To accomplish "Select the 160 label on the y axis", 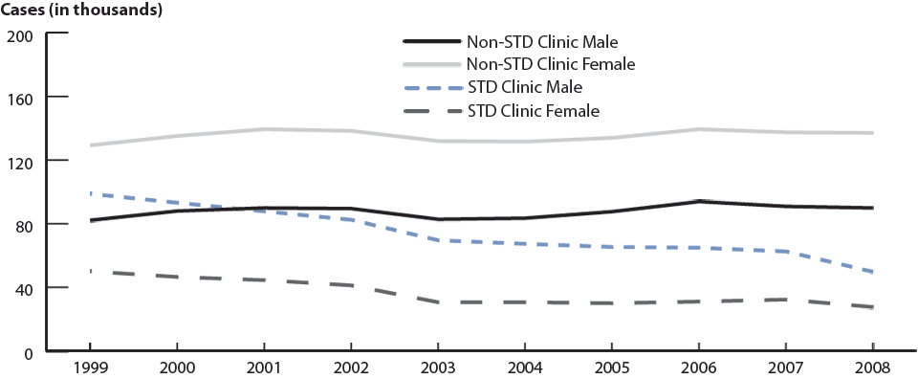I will click(x=20, y=98).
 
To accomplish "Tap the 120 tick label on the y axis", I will click(x=20, y=161).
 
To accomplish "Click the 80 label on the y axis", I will click(x=24, y=224).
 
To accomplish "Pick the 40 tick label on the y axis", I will click(x=24, y=288).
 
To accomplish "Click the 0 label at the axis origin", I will click(x=28, y=351).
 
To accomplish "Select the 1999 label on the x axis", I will click(x=90, y=368).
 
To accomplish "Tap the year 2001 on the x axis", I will click(x=264, y=368).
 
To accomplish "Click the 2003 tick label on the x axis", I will click(x=438, y=368).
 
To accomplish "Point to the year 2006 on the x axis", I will click(x=699, y=368).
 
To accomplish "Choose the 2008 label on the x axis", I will click(x=873, y=368).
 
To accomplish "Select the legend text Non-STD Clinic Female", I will click(x=551, y=65).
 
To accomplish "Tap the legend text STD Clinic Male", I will click(x=525, y=88).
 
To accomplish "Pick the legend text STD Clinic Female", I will click(x=534, y=111).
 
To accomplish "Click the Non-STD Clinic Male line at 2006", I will click(x=699, y=201).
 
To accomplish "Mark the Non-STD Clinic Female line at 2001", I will click(x=264, y=129).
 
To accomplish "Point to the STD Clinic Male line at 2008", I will click(x=872, y=272).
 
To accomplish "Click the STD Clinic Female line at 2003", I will click(x=438, y=302).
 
